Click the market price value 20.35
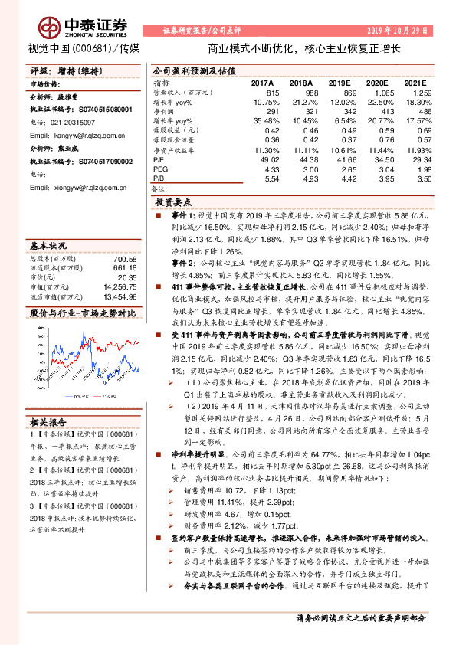click(126, 278)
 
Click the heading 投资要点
click(173, 203)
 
